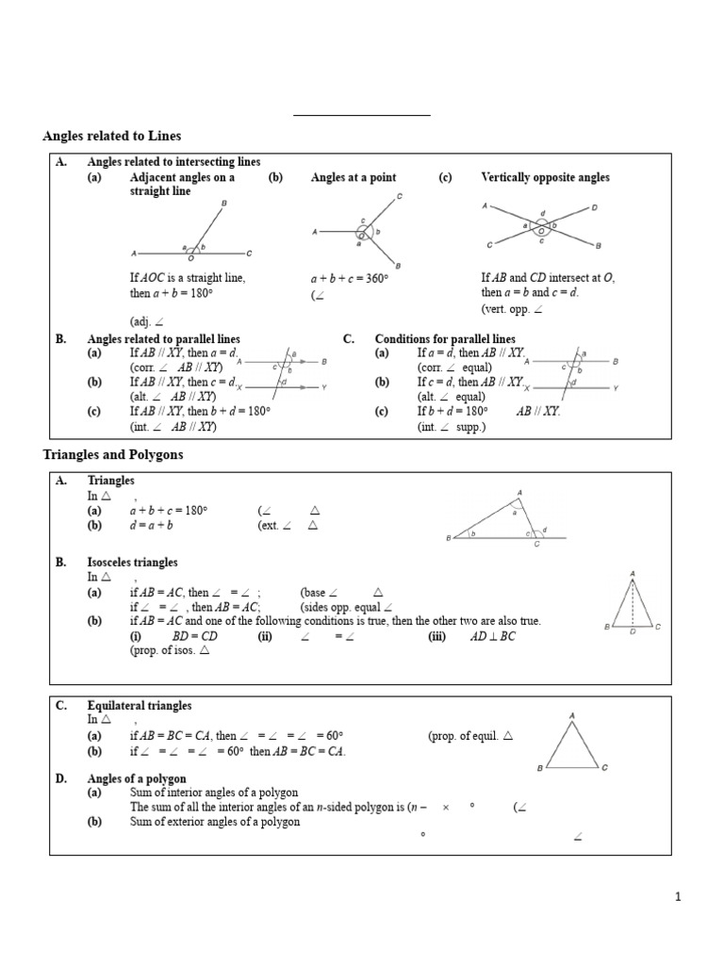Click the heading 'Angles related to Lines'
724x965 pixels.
pyautogui.click(x=112, y=137)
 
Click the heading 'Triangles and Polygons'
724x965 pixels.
pyautogui.click(x=113, y=455)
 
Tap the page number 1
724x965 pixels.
pyautogui.click(x=678, y=898)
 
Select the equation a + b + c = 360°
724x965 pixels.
pyautogui.click(x=351, y=280)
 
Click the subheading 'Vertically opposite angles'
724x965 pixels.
pyautogui.click(x=545, y=177)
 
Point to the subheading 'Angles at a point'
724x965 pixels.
pyautogui.click(x=354, y=177)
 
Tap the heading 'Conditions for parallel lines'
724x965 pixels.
pyautogui.click(x=445, y=339)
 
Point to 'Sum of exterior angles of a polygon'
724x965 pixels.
pyautogui.click(x=215, y=822)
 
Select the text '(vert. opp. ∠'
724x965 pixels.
pyautogui.click(x=512, y=309)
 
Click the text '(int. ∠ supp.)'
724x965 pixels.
pyautogui.click(x=452, y=427)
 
